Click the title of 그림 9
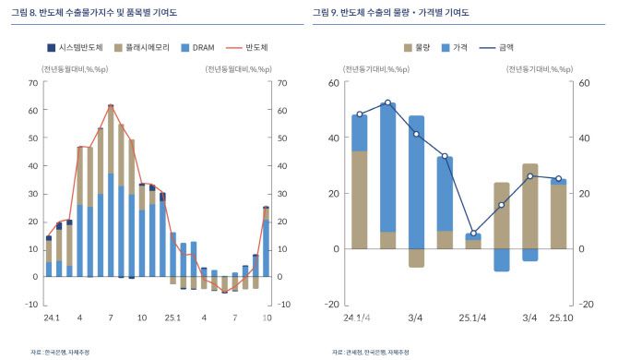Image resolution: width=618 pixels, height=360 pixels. pyautogui.click(x=390, y=13)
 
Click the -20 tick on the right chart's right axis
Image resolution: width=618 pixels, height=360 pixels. pyautogui.click(x=583, y=304)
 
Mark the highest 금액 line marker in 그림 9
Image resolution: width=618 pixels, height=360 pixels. pyautogui.click(x=387, y=102)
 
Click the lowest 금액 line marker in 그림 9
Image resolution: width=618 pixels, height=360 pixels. pyautogui.click(x=473, y=234)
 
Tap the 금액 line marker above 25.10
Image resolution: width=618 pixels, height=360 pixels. pyautogui.click(x=558, y=178)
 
